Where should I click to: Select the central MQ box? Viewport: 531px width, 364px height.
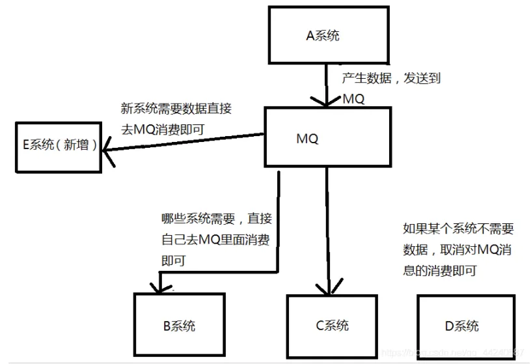point(327,137)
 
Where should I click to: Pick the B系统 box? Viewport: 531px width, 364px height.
point(179,324)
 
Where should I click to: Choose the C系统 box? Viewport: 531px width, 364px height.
point(332,326)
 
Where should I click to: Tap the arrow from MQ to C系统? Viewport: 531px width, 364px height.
point(327,228)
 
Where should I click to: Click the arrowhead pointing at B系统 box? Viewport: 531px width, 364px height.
point(156,284)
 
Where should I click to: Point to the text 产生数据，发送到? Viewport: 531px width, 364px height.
point(392,78)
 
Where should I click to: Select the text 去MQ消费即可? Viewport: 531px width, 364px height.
point(163,129)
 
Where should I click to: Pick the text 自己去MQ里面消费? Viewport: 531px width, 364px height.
point(215,240)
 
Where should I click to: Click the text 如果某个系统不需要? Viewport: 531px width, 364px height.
point(458,229)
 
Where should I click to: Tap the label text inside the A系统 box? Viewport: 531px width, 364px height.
point(323,36)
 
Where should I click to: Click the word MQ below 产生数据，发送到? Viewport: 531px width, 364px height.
point(353,100)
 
